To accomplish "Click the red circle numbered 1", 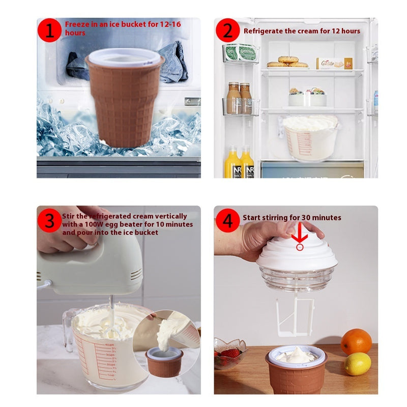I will (49, 30).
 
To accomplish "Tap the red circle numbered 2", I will (227, 30).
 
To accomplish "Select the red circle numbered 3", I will (49, 221).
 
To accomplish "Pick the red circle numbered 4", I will (227, 221).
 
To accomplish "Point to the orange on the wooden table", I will (356, 341).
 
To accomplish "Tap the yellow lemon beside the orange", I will (358, 364).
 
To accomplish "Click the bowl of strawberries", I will (229, 353).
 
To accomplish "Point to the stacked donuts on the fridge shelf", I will (288, 62).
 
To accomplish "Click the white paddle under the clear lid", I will (295, 315).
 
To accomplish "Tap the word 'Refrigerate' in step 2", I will (263, 31).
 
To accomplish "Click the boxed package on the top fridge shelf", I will (334, 63).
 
